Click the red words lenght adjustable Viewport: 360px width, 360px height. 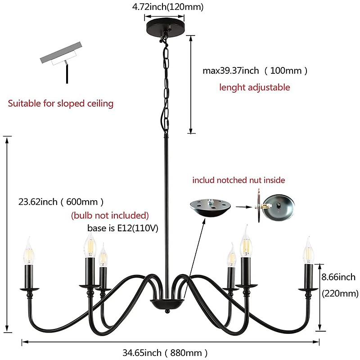point(254,87)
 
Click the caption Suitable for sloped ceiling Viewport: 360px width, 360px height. point(61,103)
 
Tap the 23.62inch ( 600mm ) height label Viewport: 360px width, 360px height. point(62,202)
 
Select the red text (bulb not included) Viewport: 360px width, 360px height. point(110,215)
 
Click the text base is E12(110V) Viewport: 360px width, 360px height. point(122,228)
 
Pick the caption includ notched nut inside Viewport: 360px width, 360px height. point(238,180)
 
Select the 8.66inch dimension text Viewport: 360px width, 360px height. point(338,277)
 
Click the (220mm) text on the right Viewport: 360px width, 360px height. point(340,294)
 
